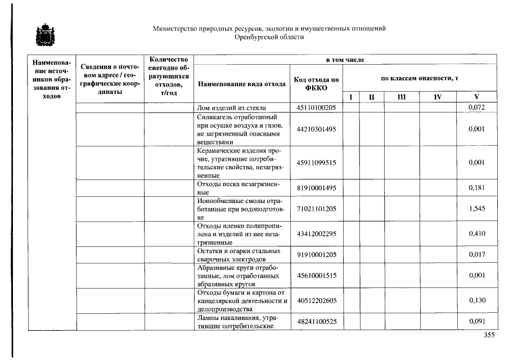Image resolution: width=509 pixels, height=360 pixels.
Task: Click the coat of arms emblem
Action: [42, 36]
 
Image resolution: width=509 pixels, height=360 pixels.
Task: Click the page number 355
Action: [489, 335]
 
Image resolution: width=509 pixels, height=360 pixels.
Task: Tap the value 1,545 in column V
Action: [476, 209]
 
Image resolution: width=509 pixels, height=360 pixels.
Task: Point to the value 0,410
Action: [476, 233]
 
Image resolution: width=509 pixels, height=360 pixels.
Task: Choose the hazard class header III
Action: [401, 97]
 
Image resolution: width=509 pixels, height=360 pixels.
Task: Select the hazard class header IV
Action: [438, 97]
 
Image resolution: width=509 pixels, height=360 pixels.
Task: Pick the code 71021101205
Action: [316, 209]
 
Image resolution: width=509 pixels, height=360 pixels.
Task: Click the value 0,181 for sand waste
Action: [476, 188]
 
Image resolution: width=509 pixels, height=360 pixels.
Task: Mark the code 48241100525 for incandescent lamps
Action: [316, 322]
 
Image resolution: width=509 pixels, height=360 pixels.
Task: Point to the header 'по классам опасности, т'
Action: [420, 78]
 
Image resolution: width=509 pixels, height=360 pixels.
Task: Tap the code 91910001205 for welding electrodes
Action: [316, 254]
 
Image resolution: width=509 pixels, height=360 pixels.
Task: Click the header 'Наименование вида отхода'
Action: [241, 84]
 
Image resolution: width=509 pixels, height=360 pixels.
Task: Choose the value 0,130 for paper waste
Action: [476, 300]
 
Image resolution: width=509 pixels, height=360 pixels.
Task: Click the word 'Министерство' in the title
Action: [172, 29]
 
